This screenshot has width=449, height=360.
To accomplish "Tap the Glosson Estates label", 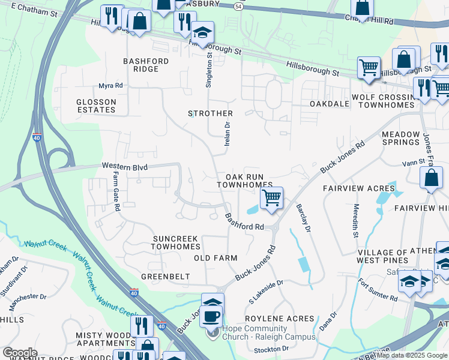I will pyautogui.click(x=96, y=106).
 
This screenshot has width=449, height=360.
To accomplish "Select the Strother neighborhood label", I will pyautogui.click(x=210, y=113).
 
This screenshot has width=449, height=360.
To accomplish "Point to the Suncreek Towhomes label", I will pyautogui.click(x=175, y=242).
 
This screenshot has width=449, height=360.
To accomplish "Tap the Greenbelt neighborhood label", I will pyautogui.click(x=165, y=277).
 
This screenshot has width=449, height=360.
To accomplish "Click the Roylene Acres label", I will pyautogui.click(x=279, y=319).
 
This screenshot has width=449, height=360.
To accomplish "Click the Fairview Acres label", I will pyautogui.click(x=358, y=188).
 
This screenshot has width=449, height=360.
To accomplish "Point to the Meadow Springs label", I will pyautogui.click(x=400, y=138).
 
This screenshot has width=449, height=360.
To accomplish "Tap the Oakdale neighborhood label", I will pyautogui.click(x=330, y=104).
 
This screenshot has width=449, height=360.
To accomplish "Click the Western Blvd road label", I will pyautogui.click(x=124, y=166).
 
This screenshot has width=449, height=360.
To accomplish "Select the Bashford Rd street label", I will pyautogui.click(x=244, y=221).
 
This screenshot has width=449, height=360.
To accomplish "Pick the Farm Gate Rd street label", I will pyautogui.click(x=116, y=191).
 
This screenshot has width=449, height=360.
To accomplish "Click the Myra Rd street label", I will pyautogui.click(x=110, y=86).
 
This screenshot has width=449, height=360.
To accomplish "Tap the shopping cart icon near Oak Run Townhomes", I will pyautogui.click(x=272, y=197).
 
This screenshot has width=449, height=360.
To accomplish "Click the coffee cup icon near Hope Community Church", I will pyautogui.click(x=211, y=316).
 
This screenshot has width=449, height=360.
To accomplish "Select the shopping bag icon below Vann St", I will pyautogui.click(x=431, y=178).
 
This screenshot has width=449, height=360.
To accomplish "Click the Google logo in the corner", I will pyautogui.click(x=20, y=353).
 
